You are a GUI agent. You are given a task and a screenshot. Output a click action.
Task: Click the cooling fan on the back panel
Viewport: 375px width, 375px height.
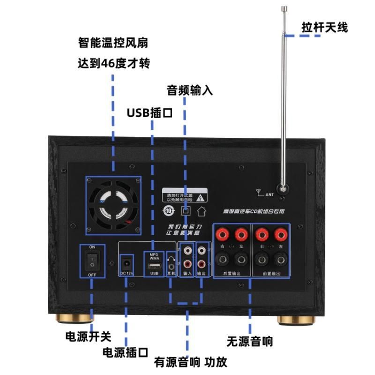tap(113, 205)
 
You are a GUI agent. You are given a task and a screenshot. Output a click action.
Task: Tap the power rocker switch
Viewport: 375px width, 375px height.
tap(92, 261)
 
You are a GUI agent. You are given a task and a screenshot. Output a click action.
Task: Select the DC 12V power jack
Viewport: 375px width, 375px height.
tap(126, 262)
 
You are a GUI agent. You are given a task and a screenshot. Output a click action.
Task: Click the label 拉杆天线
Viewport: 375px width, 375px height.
tap(324, 27)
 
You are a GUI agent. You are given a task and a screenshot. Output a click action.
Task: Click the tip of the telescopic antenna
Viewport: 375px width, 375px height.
tap(284, 8)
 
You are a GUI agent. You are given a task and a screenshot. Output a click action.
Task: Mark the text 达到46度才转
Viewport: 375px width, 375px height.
tap(113, 63)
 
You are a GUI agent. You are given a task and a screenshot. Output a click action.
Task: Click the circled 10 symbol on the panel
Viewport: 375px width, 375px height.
tap(169, 211)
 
